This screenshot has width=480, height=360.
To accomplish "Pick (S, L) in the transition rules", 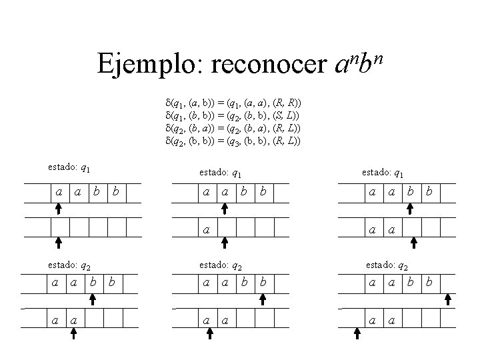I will tap(285, 116).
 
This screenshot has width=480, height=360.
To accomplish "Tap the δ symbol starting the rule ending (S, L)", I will tap(167, 116).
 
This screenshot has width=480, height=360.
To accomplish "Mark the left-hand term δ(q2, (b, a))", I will tap(189, 129).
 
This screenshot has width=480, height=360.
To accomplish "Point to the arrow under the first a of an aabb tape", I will tap(58, 209).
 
